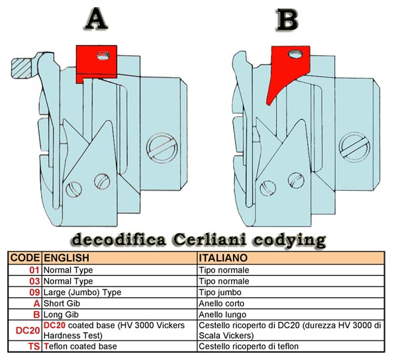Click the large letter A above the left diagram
[97, 19]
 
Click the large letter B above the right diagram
[287, 20]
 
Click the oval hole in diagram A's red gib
[103, 55]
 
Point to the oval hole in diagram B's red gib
[295, 54]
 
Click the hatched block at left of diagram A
[21, 67]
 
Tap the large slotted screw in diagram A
[162, 148]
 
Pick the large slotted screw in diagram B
[354, 147]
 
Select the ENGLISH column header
[66, 258]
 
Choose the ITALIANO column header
[223, 258]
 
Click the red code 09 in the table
[34, 292]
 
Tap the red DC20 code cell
[28, 330]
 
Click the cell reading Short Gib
[62, 303]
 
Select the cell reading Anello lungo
[222, 314]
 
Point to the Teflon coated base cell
[80, 346]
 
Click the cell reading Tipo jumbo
[220, 292]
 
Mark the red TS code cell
[34, 347]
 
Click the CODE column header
[25, 258]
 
